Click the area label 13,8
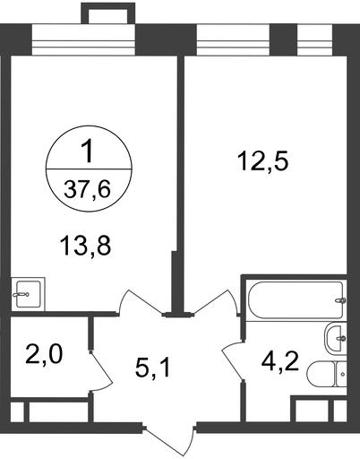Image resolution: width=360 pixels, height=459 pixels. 85,246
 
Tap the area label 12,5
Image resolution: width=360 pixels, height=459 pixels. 262,162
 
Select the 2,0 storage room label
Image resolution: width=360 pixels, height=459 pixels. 44,355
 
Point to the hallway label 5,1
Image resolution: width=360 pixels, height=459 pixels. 152,368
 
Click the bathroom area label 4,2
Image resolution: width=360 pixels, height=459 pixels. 279,362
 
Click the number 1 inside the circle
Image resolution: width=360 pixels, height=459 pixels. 88,152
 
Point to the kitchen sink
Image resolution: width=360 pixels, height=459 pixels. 28,294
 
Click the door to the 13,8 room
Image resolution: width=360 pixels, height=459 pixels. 141,302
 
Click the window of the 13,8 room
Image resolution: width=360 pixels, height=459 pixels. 84,40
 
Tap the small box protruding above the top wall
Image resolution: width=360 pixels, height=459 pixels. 108,14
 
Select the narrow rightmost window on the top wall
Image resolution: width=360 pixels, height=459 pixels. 314,40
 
